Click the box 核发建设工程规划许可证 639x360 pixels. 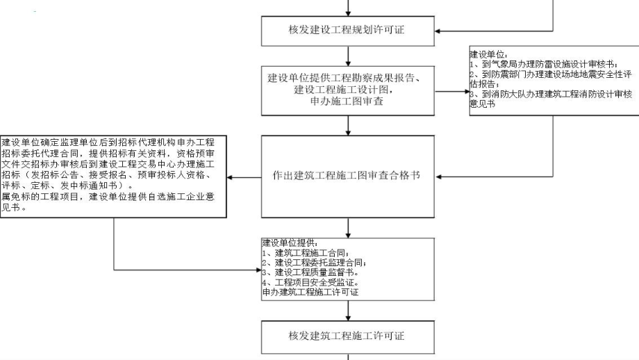point(348,31)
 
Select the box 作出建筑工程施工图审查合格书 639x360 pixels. point(348,177)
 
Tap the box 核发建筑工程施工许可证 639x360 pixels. point(348,336)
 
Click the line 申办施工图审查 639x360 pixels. point(348,101)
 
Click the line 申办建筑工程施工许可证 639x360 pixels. point(310,293)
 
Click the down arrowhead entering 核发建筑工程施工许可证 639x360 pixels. point(348,318)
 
